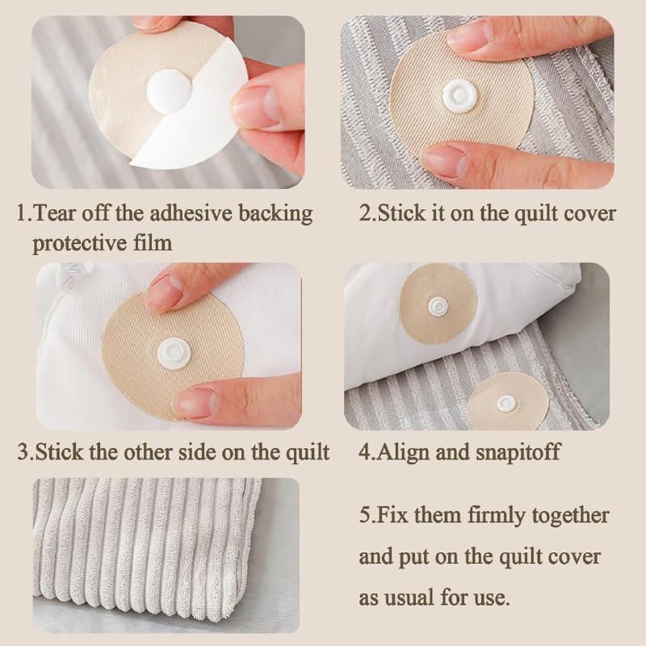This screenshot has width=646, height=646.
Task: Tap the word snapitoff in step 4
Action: (x=518, y=452)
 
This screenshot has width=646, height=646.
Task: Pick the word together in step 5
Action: (x=570, y=516)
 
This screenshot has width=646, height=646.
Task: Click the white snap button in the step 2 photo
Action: (x=459, y=96)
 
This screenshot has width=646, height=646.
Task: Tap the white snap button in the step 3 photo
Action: (x=174, y=353)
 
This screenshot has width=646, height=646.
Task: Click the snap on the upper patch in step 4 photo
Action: (x=438, y=306)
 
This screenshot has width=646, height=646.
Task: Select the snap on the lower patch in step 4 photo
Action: (x=505, y=403)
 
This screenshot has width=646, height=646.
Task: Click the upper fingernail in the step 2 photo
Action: (x=471, y=35)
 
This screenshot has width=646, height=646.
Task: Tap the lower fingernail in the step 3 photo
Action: (x=195, y=401)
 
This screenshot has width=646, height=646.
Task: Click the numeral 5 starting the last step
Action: (x=364, y=516)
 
